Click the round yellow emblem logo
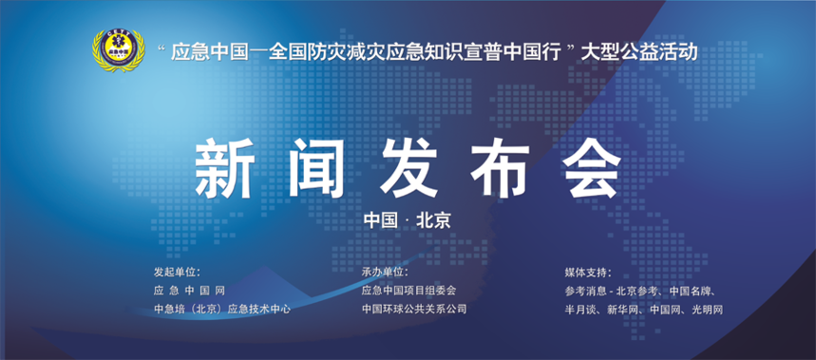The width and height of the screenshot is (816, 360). click(118, 50)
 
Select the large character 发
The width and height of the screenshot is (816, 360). click(408, 167)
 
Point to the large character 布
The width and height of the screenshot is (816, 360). click(500, 167)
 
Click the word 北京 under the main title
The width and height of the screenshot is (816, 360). click(433, 220)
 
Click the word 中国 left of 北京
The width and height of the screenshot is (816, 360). click(381, 220)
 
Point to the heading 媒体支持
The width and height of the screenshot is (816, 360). click(588, 273)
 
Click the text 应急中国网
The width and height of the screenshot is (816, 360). click(189, 291)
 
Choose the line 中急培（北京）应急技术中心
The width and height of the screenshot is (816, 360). click(221, 309)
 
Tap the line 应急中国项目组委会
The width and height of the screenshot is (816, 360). click(408, 291)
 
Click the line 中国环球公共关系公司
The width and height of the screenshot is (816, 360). click(414, 309)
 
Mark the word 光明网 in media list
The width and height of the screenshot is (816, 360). click(708, 310)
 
